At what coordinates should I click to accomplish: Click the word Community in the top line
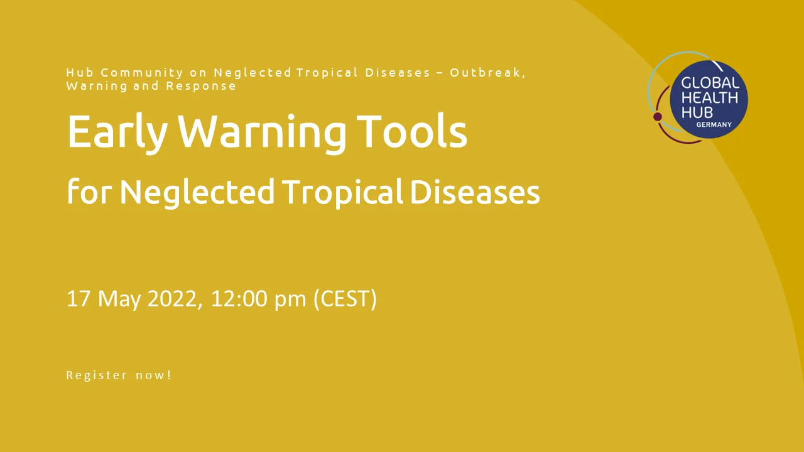click(142, 73)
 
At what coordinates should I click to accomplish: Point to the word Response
click(201, 86)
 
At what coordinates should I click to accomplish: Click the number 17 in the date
click(79, 298)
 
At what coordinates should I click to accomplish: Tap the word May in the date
click(119, 300)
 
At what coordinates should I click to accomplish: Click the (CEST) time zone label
click(345, 299)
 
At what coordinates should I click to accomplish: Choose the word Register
click(97, 375)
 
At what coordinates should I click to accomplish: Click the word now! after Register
click(154, 375)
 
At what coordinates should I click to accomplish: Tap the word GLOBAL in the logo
click(710, 83)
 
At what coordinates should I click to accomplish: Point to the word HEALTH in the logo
click(710, 98)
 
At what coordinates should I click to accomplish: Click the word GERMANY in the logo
click(714, 124)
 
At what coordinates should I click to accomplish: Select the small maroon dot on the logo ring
click(658, 117)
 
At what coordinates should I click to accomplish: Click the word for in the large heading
click(88, 191)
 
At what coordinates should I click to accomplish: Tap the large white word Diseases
click(474, 192)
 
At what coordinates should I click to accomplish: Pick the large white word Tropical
click(342, 193)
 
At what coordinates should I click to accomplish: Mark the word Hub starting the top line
click(80, 72)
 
